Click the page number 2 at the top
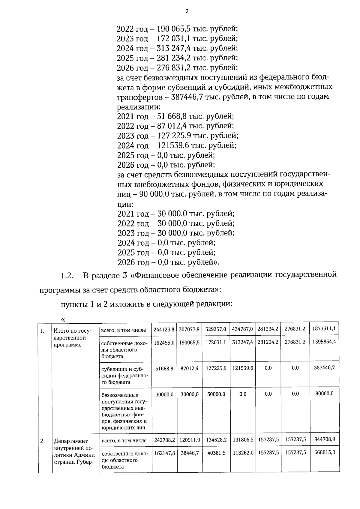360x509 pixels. [x=187, y=11]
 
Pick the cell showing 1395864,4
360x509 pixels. [x=324, y=342]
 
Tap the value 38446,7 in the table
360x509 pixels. [x=190, y=453]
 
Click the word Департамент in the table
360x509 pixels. [x=71, y=441]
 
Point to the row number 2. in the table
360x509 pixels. [x=43, y=441]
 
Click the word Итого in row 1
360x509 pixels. [x=61, y=331]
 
